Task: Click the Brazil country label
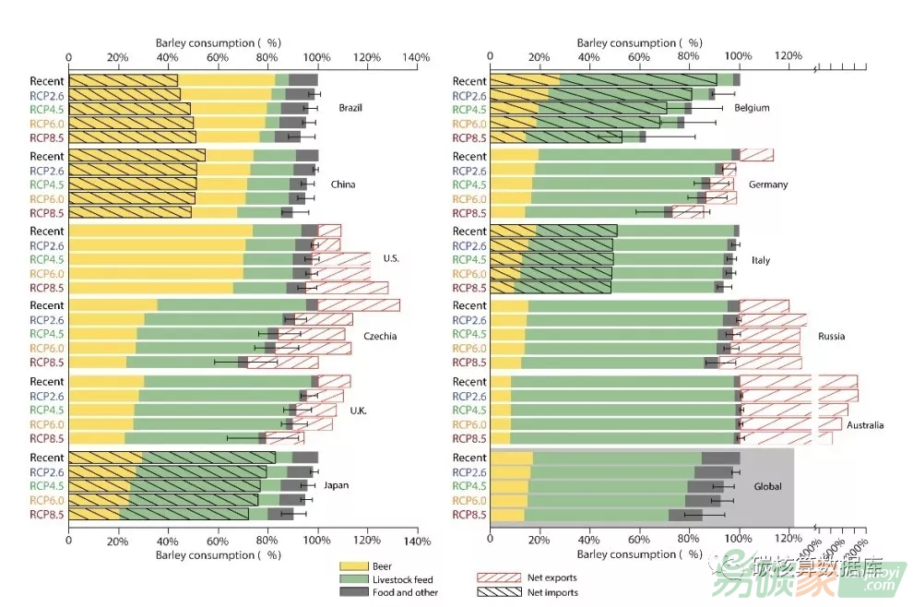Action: click(x=350, y=108)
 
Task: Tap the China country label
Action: click(x=343, y=184)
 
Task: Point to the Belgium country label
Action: click(x=752, y=108)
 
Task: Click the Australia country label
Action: click(x=864, y=425)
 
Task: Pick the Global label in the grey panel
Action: click(x=767, y=485)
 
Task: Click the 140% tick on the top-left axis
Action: click(x=417, y=58)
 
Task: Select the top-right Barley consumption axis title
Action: click(x=639, y=42)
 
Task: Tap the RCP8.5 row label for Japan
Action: click(x=46, y=514)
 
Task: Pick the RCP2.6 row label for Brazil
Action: click(x=46, y=94)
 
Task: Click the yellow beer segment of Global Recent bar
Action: click(x=511, y=458)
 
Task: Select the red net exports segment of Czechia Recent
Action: click(x=358, y=305)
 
